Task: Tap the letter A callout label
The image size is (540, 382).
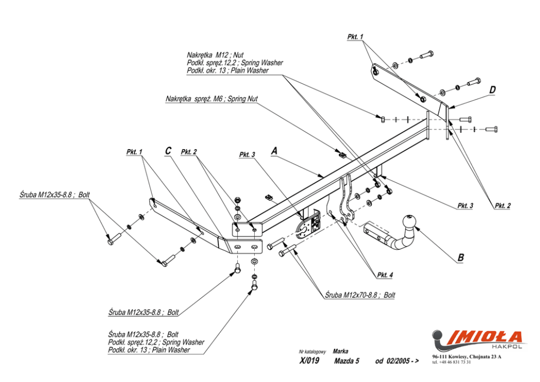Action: pyautogui.click(x=274, y=150)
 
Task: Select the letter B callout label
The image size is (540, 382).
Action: pyautogui.click(x=461, y=257)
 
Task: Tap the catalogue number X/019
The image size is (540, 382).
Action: pyautogui.click(x=309, y=361)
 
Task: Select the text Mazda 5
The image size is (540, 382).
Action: pyautogui.click(x=346, y=361)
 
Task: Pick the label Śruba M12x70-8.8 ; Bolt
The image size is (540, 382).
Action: pyautogui.click(x=360, y=295)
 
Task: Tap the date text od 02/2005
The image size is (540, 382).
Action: pyautogui.click(x=396, y=361)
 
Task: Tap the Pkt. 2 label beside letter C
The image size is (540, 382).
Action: pyautogui.click(x=189, y=152)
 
